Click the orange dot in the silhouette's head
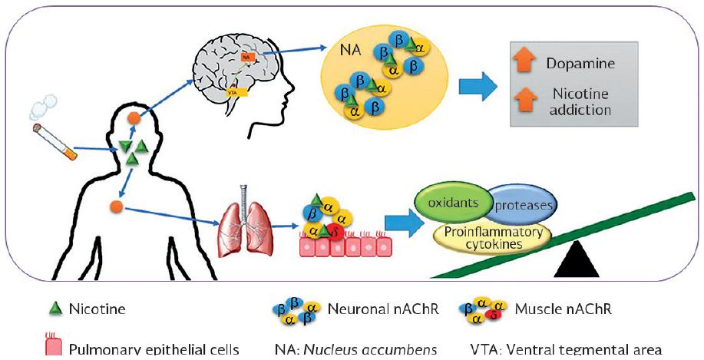pos(134,119)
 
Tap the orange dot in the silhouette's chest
pos(117,206)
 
